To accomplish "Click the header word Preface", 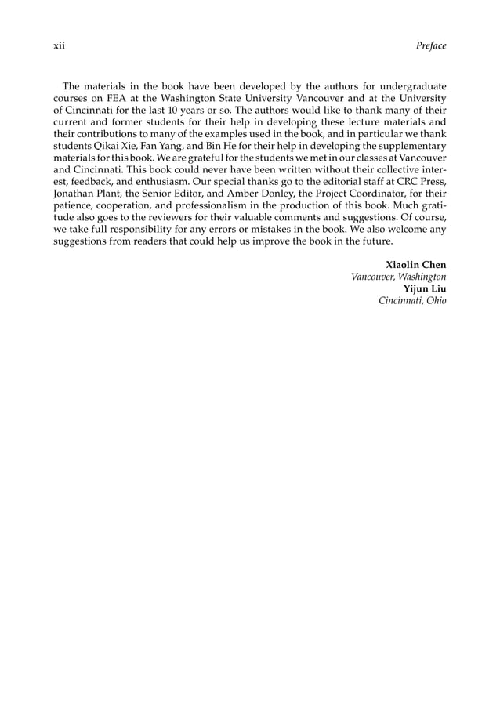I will pos(431,45).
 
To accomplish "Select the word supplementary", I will pos(410,147).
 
